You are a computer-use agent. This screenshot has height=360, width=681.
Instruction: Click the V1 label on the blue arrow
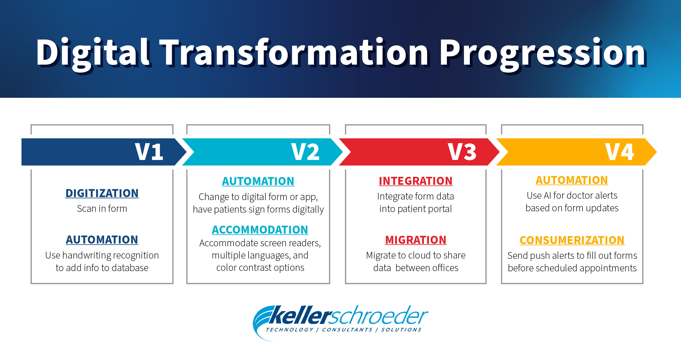149,152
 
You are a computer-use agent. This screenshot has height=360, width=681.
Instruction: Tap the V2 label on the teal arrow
305,152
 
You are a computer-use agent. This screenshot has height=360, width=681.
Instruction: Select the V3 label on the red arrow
462,152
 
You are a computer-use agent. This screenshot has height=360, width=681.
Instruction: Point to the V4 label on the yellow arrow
619,152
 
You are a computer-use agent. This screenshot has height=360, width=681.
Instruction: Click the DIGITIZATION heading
102,193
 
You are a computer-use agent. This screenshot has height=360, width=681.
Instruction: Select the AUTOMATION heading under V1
102,240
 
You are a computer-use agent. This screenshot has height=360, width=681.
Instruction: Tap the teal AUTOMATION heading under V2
258,181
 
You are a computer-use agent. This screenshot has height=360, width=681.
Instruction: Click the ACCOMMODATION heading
260,230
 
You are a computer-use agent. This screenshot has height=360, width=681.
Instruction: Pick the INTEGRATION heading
416,181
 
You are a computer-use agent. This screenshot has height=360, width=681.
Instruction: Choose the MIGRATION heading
416,240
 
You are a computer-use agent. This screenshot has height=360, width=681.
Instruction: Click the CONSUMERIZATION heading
572,240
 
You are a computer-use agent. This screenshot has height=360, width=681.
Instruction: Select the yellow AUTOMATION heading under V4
572,180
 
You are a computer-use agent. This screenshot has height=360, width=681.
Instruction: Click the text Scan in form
102,209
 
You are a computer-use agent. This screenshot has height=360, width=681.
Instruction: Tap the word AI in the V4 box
547,195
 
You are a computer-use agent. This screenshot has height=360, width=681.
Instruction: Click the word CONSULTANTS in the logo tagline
347,330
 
